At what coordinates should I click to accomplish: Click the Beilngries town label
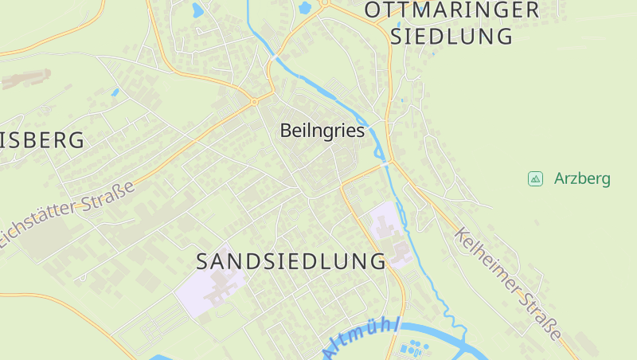point(322,131)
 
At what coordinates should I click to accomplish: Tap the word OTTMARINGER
point(451,10)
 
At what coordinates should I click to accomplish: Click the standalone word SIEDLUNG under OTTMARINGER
point(451,37)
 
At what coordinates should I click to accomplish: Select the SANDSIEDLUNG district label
point(291,261)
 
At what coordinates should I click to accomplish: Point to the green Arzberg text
point(582,178)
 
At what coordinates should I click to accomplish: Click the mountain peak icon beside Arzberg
point(535,178)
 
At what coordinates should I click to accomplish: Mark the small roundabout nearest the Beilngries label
point(255,102)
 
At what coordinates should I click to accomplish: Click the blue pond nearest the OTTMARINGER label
point(303,9)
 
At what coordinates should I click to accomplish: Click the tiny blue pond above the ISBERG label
point(115,92)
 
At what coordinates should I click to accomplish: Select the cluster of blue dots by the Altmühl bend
point(413,348)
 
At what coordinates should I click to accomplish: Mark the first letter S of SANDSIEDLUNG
point(203,261)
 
